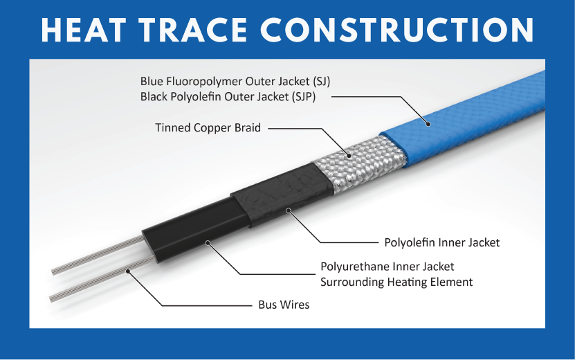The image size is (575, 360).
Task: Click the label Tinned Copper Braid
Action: tap(208, 127)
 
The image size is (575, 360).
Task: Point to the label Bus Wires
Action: tap(284, 305)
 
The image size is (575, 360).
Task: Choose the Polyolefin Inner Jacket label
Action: tap(442, 242)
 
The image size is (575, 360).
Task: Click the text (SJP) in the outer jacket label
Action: tap(304, 97)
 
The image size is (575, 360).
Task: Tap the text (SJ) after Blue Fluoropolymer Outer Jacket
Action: tap(321, 81)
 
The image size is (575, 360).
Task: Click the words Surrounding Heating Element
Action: tap(396, 282)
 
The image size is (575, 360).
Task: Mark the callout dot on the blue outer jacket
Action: tap(428, 124)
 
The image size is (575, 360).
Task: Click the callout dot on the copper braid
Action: tap(349, 156)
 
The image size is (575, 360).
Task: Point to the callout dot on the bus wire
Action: tap(128, 271)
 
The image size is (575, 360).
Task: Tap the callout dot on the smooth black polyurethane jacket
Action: tap(208, 242)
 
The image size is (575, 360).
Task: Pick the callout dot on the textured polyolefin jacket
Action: tap(289, 210)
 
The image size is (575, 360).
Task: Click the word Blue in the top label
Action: tap(151, 81)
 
